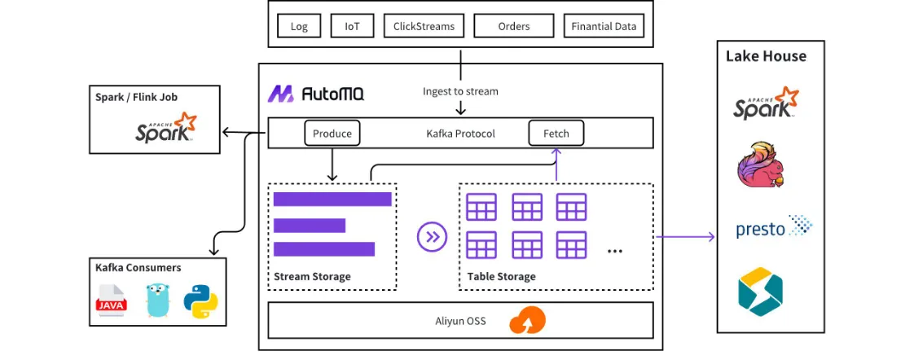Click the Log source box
(299, 26)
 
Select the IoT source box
(352, 26)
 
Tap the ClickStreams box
(424, 26)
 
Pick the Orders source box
(514, 26)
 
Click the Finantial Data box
(604, 26)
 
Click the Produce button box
(332, 133)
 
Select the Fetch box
(557, 133)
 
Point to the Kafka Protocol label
(460, 133)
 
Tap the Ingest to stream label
(460, 91)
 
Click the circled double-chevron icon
(432, 237)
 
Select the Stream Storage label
(312, 276)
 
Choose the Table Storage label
(501, 276)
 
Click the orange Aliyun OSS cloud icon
(527, 320)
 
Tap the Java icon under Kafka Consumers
(112, 301)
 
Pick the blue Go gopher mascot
(157, 301)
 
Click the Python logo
(200, 301)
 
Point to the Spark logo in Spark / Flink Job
(166, 128)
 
